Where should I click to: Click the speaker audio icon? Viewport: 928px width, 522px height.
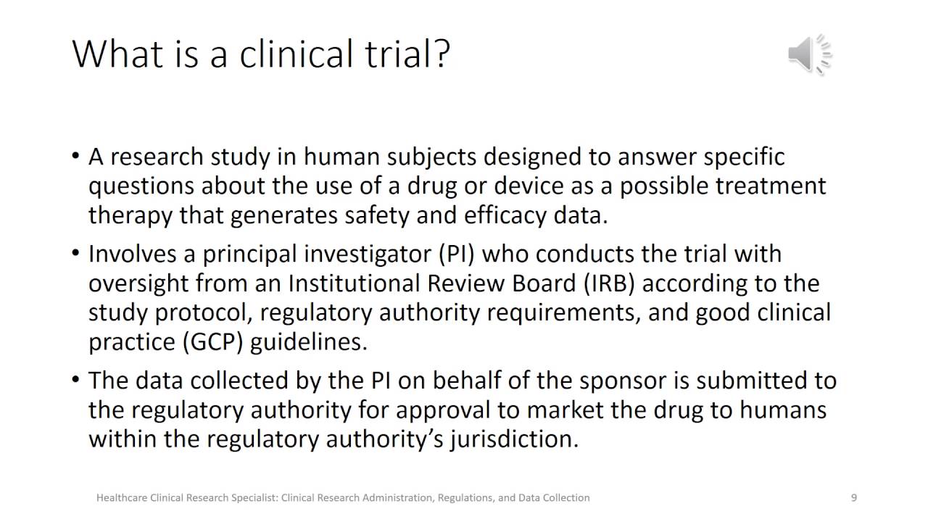[x=809, y=54]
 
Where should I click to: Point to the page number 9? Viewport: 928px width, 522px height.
[x=854, y=498]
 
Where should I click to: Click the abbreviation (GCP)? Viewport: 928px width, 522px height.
[x=213, y=341]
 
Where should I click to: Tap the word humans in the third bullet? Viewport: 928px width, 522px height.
[x=783, y=410]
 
